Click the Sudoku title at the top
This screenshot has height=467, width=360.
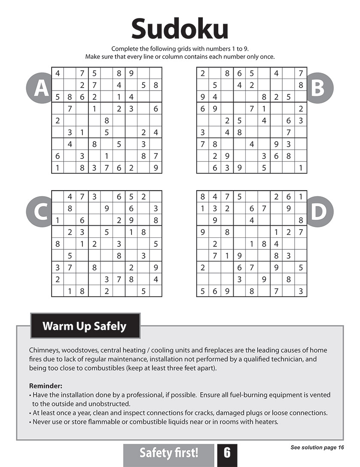click(x=180, y=29)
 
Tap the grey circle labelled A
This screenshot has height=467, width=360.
click(x=40, y=88)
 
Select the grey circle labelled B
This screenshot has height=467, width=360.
click(x=318, y=88)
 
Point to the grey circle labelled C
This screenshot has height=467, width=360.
click(x=40, y=212)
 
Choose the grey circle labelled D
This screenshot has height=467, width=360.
click(x=318, y=212)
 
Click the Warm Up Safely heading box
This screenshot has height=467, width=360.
click(x=85, y=326)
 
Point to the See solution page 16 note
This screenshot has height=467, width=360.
click(x=317, y=448)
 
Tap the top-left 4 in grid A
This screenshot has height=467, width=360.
click(x=58, y=73)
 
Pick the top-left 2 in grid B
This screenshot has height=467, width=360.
click(x=202, y=73)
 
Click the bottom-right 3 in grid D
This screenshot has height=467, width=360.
click(x=301, y=291)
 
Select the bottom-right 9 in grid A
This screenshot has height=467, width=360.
click(x=156, y=168)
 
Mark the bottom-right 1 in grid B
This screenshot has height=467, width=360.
click(x=301, y=168)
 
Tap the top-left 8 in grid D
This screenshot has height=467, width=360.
click(x=202, y=197)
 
